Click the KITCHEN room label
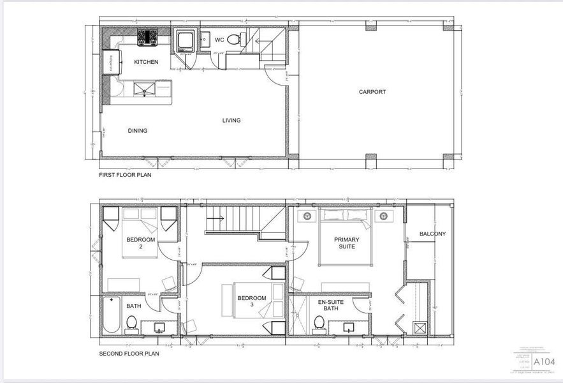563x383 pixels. pos(146,62)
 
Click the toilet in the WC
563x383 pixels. pos(234,40)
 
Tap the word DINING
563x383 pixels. pos(137,131)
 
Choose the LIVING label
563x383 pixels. pos(231,121)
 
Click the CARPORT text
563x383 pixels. pos(372,92)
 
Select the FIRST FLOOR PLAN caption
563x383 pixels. pos(125,174)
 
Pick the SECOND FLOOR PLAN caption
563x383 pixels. pos(129,353)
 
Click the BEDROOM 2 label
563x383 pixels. pos(140,243)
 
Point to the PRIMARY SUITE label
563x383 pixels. pos(347,243)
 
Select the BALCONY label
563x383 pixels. pos(432,234)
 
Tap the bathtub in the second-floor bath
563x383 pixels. pos(111,315)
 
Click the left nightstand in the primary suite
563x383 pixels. pos(306,216)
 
